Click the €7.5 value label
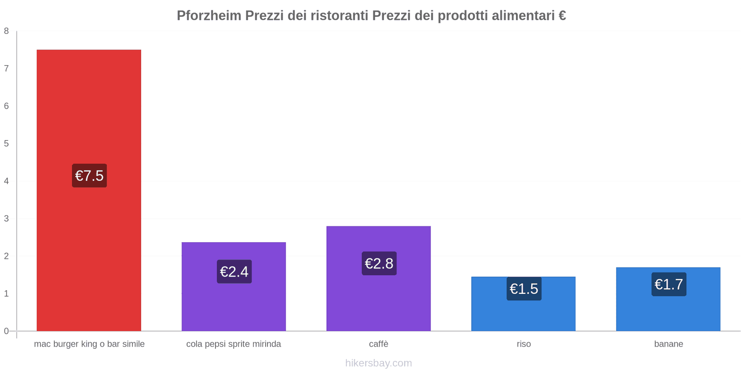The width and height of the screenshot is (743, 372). [89, 176]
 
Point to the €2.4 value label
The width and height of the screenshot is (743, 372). [234, 272]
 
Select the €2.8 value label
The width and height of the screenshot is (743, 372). [379, 264]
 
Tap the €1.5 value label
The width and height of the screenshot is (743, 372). [524, 289]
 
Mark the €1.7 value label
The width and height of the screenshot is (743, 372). [669, 284]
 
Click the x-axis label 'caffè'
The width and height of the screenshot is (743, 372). [378, 344]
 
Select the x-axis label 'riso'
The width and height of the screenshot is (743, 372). [523, 344]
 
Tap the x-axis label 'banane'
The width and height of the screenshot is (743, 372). [668, 344]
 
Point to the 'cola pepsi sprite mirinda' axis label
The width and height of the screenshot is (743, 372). [234, 344]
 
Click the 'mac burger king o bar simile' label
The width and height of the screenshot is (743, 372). [89, 344]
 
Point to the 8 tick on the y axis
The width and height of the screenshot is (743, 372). [7, 31]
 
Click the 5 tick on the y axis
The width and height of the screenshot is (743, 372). [7, 144]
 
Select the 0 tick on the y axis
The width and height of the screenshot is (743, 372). [7, 331]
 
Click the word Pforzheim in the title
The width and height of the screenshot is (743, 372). [209, 16]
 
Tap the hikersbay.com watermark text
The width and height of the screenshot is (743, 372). [378, 363]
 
